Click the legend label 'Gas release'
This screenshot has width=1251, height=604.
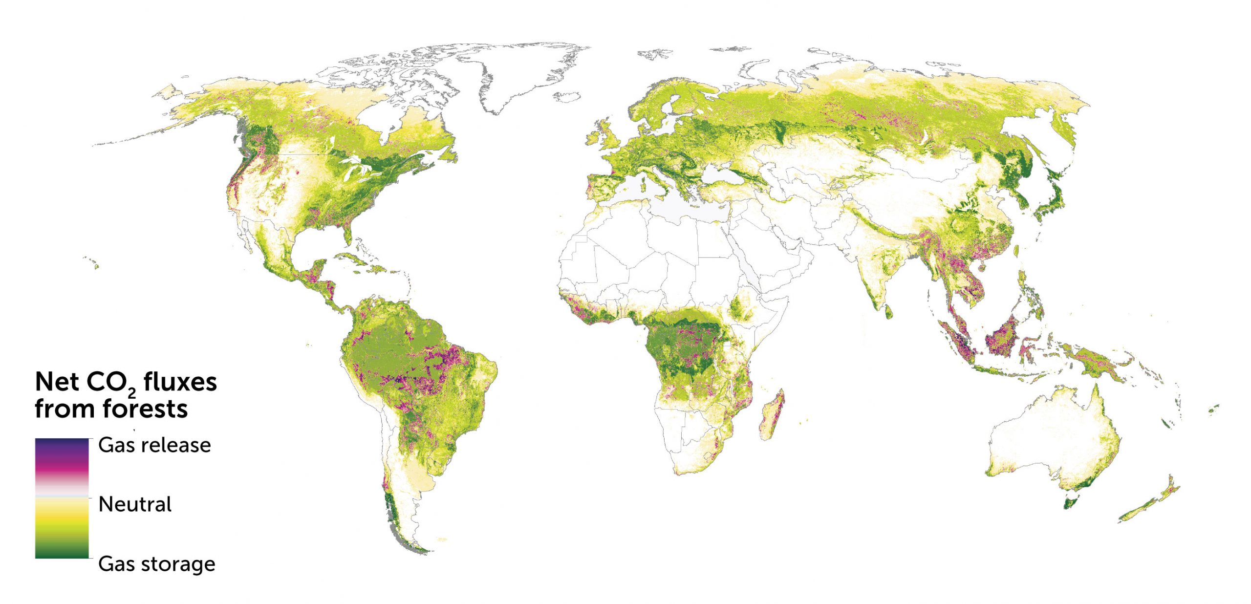tap(154, 445)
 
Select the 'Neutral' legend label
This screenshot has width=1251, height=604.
tap(135, 504)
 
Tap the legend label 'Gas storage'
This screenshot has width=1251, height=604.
tap(156, 564)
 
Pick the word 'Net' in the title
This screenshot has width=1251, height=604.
tap(57, 382)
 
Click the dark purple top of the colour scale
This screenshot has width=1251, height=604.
tap(62, 444)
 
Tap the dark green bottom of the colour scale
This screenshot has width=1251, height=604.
tap(62, 552)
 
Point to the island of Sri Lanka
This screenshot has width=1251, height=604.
tap(888, 312)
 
